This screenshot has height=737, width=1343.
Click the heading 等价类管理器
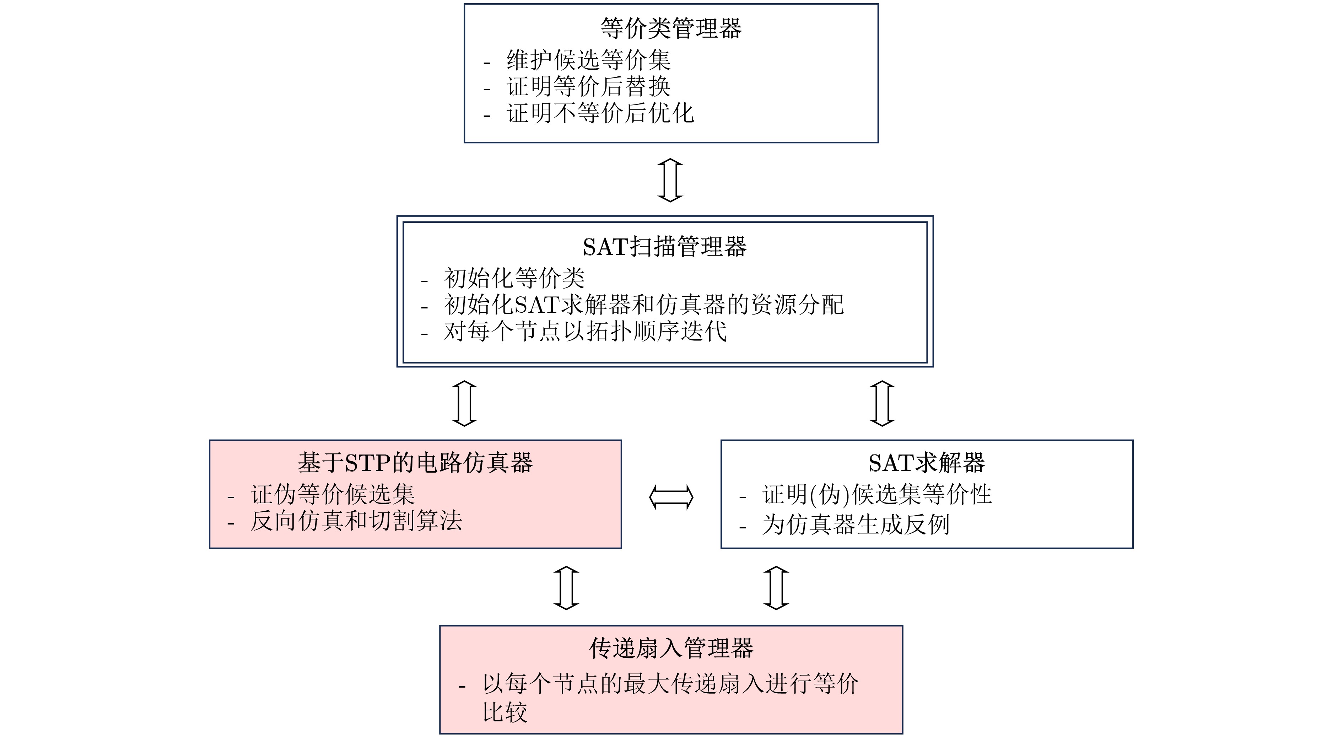point(671,28)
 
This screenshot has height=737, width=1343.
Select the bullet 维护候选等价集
point(589,60)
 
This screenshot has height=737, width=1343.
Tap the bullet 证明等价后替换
point(589,87)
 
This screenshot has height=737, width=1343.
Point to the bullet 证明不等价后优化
point(600,113)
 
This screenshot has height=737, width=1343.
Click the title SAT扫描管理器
point(665,247)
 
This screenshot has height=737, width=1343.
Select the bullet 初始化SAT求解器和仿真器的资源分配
point(644,305)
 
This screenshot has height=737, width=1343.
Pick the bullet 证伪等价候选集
point(333,494)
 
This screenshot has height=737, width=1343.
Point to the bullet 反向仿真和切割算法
point(356,521)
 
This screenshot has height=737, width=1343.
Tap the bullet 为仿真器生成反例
point(856,524)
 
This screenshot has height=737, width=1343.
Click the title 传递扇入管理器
point(671,648)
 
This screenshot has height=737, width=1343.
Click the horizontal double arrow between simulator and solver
point(671,497)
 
